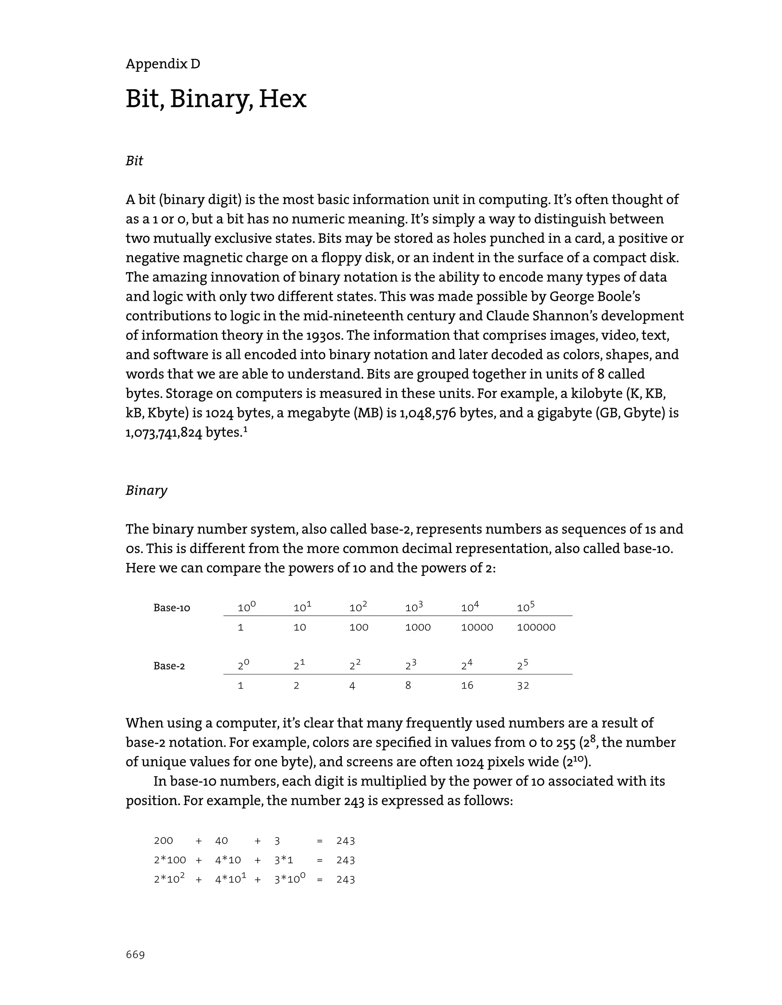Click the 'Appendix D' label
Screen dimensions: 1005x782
coord(163,64)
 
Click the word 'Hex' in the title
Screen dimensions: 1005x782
coord(282,99)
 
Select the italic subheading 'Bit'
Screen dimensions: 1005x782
coord(134,161)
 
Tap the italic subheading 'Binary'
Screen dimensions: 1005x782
coord(146,490)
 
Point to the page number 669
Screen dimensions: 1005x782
coord(135,955)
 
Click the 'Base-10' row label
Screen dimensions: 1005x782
coord(172,608)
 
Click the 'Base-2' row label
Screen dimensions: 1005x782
coord(169,666)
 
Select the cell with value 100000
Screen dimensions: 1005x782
coord(536,627)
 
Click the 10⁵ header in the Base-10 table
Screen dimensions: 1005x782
coord(526,607)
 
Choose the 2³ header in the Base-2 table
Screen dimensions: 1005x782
coord(410,665)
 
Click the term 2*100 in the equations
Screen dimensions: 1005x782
coord(170,860)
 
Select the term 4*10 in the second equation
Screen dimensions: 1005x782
coord(228,860)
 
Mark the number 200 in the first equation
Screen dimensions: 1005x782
coord(163,841)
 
